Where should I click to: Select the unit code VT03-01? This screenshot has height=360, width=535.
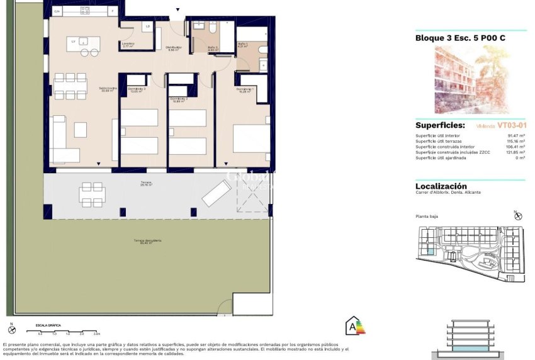(511, 125)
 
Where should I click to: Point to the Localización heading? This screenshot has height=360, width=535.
(441, 186)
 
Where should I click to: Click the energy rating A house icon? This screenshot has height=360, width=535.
(354, 326)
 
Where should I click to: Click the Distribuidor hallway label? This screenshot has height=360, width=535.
(174, 48)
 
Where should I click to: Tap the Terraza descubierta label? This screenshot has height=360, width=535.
(147, 241)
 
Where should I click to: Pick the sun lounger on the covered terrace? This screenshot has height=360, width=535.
(217, 192)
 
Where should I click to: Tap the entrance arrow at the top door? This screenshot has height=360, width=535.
(178, 9)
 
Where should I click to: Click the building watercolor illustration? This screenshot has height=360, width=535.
(471, 79)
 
